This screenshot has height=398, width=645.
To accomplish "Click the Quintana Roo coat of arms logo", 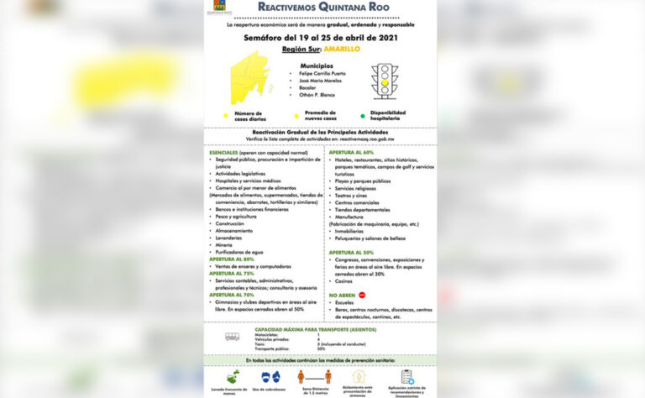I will tap(220, 8).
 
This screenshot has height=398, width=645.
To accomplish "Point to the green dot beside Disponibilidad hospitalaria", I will tap(363, 116).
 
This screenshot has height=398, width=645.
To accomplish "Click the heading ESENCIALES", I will tap(224, 153).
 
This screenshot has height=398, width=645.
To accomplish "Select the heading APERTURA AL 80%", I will tap(232, 259).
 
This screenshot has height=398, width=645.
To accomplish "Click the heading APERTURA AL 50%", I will tap(352, 253).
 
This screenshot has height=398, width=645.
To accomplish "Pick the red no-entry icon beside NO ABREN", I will tap(362, 296).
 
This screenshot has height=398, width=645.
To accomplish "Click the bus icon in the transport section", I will tap(232, 337).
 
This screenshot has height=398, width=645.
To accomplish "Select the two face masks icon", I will tap(270, 377).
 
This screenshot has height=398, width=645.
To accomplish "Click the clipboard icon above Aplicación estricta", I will tap(407, 377).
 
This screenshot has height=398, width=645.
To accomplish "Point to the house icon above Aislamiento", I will tap(359, 377).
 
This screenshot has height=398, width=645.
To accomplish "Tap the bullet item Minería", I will tap(224, 244).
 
